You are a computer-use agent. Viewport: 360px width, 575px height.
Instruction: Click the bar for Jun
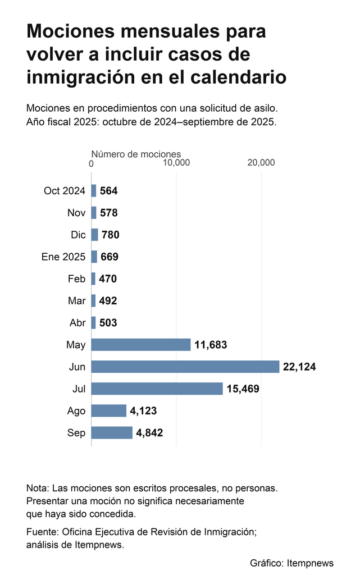(185, 367)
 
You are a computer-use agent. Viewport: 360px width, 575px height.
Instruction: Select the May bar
(141, 345)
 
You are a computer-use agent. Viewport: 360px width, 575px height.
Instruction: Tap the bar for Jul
(157, 389)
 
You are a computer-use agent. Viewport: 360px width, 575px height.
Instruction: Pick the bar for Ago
(109, 410)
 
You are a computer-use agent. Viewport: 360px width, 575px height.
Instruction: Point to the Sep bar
(112, 433)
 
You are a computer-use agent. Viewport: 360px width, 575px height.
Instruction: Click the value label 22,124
(299, 367)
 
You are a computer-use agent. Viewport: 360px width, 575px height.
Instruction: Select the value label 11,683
(211, 345)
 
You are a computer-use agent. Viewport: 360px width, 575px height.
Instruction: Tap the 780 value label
(110, 235)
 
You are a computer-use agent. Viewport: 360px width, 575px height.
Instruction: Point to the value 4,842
(149, 433)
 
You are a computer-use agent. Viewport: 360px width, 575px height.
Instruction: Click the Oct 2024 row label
(65, 191)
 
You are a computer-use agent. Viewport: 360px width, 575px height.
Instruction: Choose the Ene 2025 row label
(63, 257)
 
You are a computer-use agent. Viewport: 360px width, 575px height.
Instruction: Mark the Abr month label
(78, 323)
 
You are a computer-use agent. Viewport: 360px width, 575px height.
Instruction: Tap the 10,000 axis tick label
(176, 162)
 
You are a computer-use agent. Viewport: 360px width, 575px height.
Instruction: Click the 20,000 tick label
(261, 162)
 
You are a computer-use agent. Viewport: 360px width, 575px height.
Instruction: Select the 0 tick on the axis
(92, 163)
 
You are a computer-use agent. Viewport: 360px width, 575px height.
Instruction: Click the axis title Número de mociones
(136, 154)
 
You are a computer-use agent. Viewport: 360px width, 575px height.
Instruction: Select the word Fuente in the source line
(42, 532)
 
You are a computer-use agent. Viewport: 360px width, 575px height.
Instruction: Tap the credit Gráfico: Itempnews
(292, 563)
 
